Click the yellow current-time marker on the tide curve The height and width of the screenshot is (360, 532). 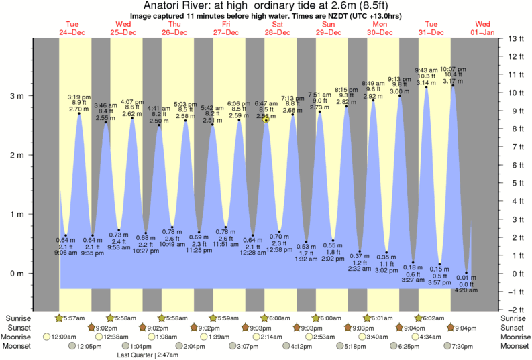pos(266,120)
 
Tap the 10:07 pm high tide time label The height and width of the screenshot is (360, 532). pos(452,69)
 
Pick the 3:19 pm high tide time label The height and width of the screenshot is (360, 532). pos(79,97)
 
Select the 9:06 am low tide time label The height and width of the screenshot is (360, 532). pos(65,253)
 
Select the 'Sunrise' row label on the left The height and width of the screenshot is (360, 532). pos(18,317)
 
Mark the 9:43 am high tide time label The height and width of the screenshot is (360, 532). pos(426,69)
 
